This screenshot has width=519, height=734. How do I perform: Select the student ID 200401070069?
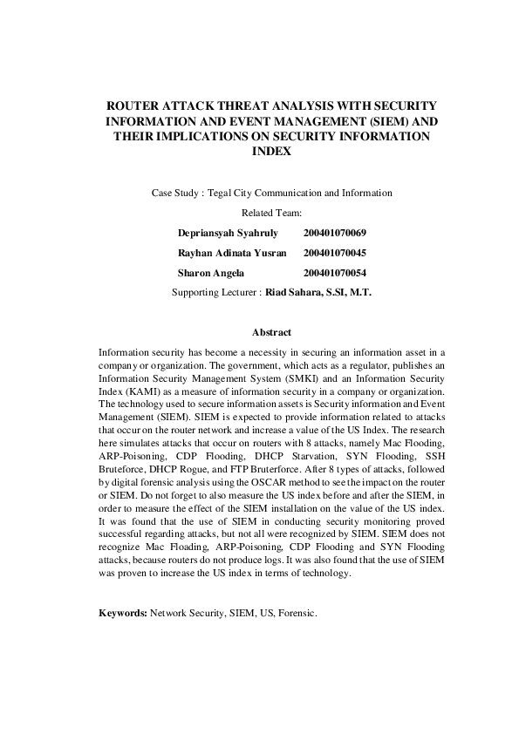pos(335,233)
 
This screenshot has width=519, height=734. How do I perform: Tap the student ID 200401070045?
pos(335,253)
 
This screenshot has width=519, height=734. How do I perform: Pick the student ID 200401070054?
pos(335,273)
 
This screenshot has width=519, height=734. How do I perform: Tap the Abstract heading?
pos(271,332)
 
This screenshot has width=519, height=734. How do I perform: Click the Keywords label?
pos(123,614)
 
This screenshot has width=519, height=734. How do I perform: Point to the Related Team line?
pos(271,212)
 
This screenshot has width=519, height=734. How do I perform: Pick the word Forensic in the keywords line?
pos(296,614)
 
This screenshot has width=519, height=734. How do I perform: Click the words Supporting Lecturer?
pos(215,293)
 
